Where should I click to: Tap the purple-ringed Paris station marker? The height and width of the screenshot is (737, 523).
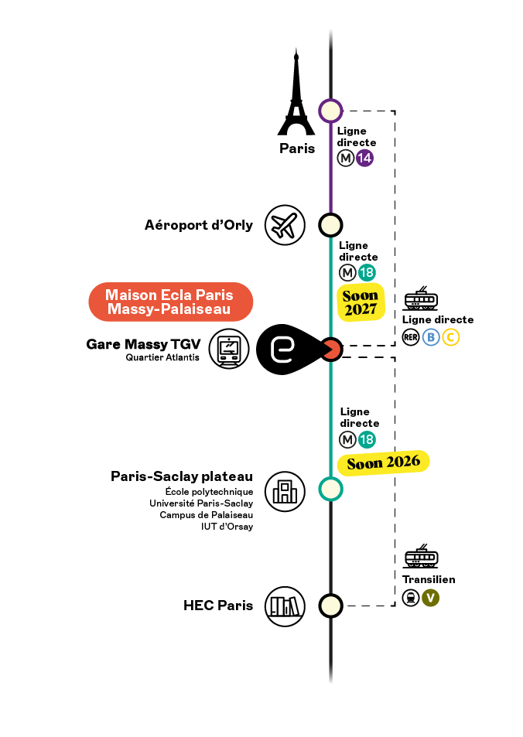coord(330,111)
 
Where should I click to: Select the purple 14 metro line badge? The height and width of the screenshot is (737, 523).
coord(364,158)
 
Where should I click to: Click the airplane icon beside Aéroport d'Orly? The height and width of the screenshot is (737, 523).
coord(285,225)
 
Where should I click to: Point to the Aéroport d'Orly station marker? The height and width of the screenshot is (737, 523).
coord(330,225)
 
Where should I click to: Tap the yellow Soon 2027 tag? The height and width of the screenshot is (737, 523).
coord(361,302)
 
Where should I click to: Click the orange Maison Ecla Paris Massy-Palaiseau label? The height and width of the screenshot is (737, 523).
coord(171,302)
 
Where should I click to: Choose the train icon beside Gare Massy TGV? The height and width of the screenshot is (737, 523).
coord(229,349)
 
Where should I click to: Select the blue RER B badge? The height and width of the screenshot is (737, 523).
coord(431,337)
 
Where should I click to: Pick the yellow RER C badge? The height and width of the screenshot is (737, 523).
coord(450,337)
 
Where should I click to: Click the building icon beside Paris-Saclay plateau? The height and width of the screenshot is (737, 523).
coord(285,492)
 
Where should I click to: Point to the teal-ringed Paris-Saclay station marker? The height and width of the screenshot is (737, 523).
coord(330,490)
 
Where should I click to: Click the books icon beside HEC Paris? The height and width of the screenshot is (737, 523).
coord(285,606)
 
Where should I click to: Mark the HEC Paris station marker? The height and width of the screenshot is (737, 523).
coord(330,606)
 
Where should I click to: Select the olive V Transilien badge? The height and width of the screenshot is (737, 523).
coord(430,598)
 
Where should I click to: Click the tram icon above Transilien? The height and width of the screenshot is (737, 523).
coord(421,556)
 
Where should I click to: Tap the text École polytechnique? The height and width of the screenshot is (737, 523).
coord(210,492)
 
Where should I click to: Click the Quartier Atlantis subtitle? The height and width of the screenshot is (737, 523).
coord(162,358)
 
